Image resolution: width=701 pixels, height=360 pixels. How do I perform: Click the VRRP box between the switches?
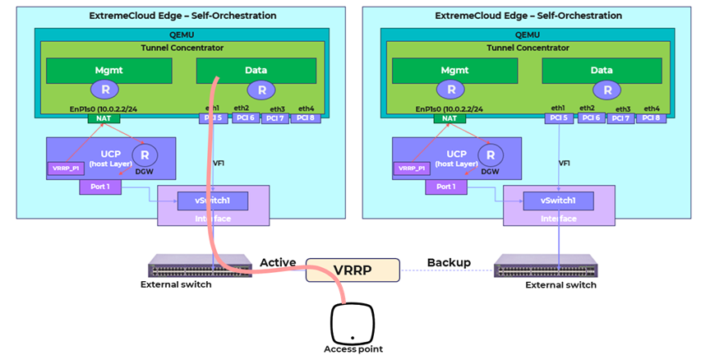352,270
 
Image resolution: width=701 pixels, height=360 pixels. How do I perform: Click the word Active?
278,262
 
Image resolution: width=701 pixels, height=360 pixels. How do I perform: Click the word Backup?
449,262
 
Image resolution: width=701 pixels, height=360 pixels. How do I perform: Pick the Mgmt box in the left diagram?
108,71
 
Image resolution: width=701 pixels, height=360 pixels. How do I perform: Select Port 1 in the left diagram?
99,187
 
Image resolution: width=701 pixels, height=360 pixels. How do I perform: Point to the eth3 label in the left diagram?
277,108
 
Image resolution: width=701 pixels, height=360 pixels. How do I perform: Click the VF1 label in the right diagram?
564,164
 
